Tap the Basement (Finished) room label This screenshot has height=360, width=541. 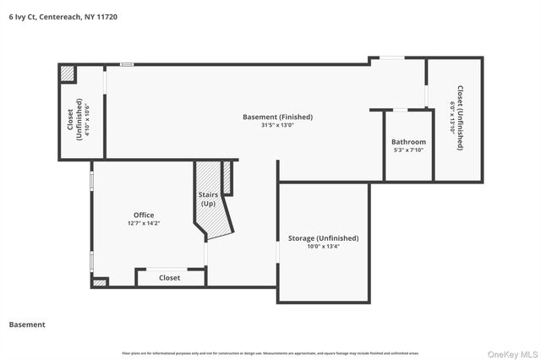pos(277,117)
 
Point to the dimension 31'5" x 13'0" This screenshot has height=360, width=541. pos(277,126)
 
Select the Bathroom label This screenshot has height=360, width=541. pos(408,142)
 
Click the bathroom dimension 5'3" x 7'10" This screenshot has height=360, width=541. pos(408,150)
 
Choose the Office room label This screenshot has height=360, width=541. pos(143,215)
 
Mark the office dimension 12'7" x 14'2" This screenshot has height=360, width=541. pos(143,224)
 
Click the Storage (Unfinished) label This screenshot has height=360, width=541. pos(325,237)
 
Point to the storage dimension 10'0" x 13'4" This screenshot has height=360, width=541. pos(325,247)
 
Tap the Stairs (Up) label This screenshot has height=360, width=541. pos(208,199)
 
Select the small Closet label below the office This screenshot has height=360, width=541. pos(169,277)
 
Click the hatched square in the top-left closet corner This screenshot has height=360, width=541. pos(67,73)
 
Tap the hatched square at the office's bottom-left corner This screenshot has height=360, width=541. pos(100,282)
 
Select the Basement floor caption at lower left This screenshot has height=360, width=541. pos(27,325)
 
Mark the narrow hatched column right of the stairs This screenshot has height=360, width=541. pos(226,177)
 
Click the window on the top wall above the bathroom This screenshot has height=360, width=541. pos(391,58)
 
